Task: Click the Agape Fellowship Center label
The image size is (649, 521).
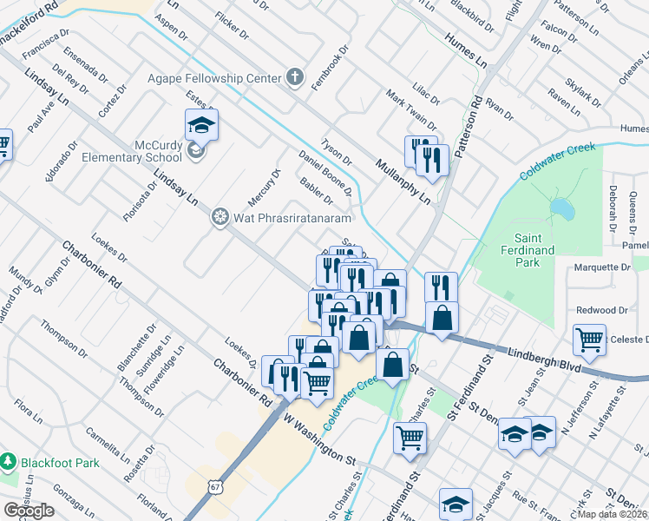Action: tap(214, 78)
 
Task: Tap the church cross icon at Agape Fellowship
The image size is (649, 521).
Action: tap(295, 78)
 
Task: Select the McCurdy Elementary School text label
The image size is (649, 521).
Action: tap(132, 152)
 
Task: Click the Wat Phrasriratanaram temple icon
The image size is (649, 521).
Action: tap(220, 216)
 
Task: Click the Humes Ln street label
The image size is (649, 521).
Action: tap(465, 49)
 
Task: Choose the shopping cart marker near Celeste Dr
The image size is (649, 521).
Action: tap(590, 340)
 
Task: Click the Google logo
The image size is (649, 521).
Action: tap(29, 511)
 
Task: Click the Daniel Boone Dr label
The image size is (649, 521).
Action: tap(324, 171)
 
